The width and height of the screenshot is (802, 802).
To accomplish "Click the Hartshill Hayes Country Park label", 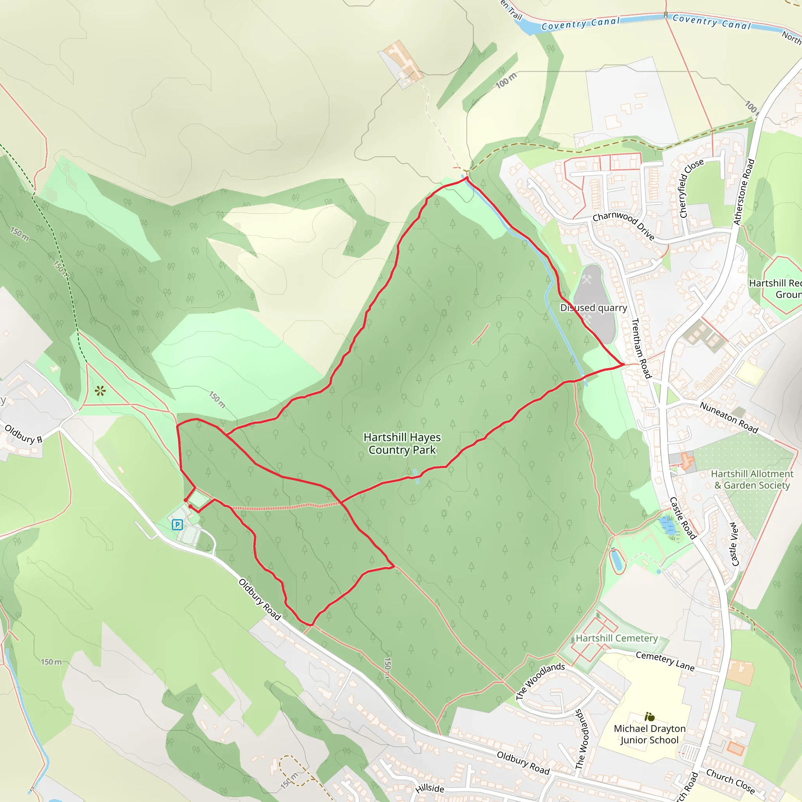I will tap(402, 443).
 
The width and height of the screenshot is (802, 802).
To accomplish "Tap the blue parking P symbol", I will tap(177, 525).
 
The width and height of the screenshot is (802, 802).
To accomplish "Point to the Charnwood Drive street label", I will tap(623, 226).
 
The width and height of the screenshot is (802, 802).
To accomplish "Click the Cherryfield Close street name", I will tap(691, 188).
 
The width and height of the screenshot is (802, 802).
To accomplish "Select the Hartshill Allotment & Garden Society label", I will tap(752, 479).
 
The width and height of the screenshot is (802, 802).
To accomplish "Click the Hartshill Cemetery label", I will tap(616, 638).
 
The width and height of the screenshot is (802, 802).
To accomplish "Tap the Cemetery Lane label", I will tap(665, 661).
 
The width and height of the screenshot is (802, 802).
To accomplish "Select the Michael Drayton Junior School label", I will tap(649, 734).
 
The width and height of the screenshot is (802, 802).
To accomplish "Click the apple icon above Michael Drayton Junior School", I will tap(650, 717).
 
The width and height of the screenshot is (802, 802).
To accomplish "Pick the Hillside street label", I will tap(430, 788).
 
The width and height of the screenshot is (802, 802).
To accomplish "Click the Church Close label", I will tap(730, 781).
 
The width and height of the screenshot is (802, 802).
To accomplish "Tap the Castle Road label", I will tap(683, 518).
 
